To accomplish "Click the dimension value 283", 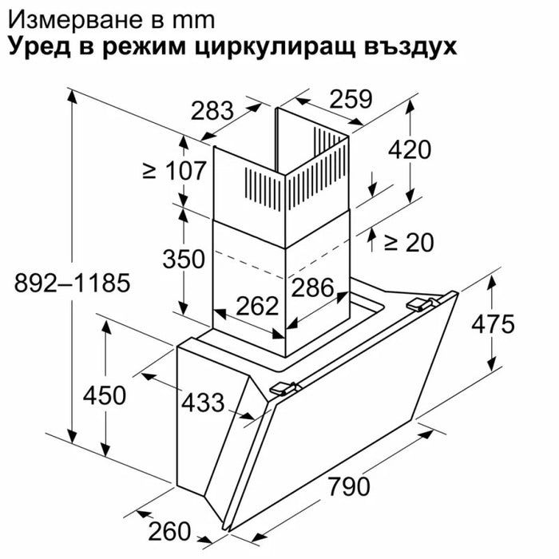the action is coord(212,111).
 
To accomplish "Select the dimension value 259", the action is coord(351,99).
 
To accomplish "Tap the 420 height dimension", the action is coord(410,150).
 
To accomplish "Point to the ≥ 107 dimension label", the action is coord(174,170).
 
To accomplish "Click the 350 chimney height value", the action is coord(184,259).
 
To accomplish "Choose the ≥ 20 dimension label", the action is coord(409,243).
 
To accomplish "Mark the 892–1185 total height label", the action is coord(73,283).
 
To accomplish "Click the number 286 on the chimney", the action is coord(313,287).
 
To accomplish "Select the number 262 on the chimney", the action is coord(257,306).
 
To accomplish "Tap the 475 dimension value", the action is coord(493,324).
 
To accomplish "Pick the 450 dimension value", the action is coord(105,395).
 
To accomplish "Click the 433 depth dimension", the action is coord(203,402).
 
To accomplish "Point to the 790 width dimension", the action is coord(349,486).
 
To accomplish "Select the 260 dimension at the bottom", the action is coord(169,531).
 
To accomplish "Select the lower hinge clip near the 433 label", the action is coord(283,388).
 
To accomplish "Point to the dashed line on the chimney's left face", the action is coord(249,264).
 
